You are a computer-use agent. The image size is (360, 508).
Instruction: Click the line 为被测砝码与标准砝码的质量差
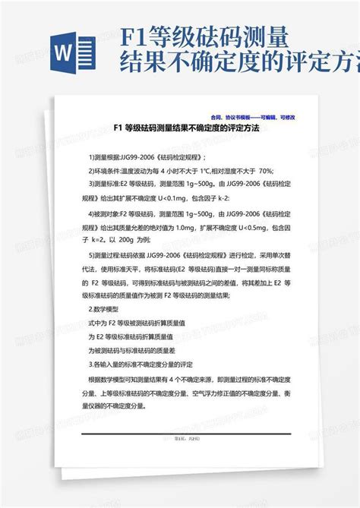136,352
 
